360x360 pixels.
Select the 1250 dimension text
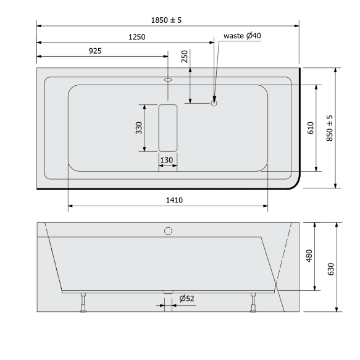(136, 37)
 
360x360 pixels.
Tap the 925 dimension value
(94, 51)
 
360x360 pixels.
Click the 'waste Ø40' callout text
(243, 36)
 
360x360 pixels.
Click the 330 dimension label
(139, 128)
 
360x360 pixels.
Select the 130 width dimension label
(167, 161)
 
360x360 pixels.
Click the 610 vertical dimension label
(311, 128)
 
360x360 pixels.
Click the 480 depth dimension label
(310, 256)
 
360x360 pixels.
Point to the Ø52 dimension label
(186, 299)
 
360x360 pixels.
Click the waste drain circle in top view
(214, 103)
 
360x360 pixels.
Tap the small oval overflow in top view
(168, 80)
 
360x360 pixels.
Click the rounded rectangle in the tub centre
(168, 128)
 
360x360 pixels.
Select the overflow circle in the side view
(167, 232)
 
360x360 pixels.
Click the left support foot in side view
(82, 303)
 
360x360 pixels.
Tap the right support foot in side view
(253, 303)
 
